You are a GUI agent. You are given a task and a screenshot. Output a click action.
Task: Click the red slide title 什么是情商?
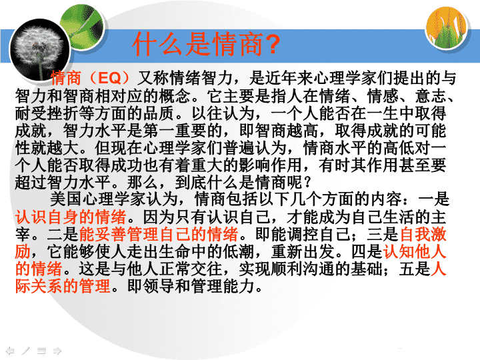[206, 44]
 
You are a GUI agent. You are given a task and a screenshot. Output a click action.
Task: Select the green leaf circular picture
[81, 26]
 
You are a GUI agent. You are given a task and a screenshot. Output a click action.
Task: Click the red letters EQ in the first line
[109, 79]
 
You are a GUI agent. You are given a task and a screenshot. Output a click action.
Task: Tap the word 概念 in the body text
[175, 96]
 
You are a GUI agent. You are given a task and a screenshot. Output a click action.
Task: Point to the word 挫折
[63, 113]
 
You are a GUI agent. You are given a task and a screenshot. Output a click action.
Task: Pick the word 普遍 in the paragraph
[239, 148]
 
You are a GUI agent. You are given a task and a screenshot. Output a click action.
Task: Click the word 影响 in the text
[255, 165]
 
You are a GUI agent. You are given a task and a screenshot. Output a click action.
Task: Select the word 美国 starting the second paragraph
[66, 199]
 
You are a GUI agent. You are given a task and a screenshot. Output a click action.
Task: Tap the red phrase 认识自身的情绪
[71, 217]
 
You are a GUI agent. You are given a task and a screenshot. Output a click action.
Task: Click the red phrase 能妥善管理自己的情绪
[159, 234]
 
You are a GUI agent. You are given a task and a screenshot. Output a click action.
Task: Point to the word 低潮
[239, 251]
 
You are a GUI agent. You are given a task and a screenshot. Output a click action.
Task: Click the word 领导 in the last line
[159, 287]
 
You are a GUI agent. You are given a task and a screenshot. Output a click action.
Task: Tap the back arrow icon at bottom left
[10, 350]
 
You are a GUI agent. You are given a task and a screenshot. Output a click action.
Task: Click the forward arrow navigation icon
[57, 350]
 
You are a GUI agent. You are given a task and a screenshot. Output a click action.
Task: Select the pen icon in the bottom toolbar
[26, 350]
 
